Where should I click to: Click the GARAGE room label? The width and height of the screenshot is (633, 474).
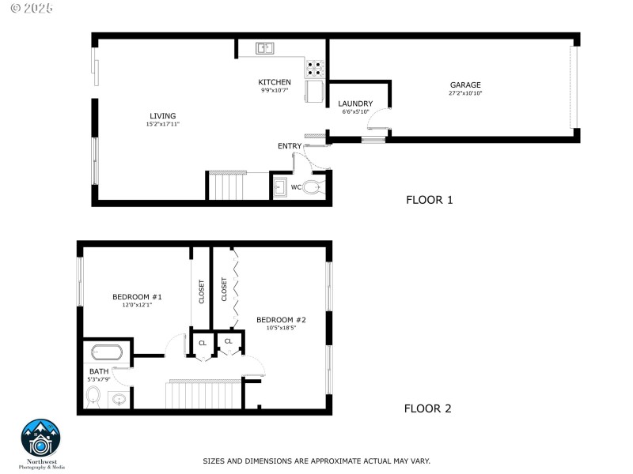tap(465, 85)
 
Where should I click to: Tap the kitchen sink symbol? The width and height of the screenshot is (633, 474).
tap(265, 48)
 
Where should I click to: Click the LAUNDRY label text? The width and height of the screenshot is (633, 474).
tap(355, 103)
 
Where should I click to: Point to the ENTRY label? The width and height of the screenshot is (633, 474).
tap(289, 146)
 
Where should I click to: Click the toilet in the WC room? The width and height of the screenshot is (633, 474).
tap(313, 187)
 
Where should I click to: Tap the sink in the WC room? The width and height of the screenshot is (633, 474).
tap(279, 188)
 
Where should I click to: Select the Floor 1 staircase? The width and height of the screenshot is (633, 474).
tap(226, 187)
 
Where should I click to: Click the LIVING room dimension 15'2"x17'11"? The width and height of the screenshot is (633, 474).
tap(163, 124)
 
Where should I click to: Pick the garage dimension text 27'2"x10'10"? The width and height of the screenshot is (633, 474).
tap(465, 93)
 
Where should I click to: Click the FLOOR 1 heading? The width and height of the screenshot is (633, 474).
tap(429, 200)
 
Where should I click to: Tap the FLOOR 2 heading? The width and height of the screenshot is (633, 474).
tap(427, 408)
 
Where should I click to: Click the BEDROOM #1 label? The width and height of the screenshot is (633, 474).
tap(137, 297)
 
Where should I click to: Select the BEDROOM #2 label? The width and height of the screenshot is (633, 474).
tap(281, 320)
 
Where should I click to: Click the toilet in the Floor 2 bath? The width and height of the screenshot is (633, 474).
tap(93, 395)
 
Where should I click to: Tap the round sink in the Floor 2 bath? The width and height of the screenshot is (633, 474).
tap(119, 399)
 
